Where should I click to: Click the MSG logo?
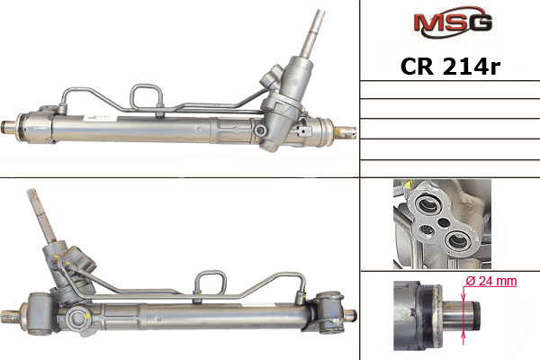click(x=453, y=22)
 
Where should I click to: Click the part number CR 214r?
click(x=450, y=66)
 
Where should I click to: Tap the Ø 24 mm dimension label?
click(x=491, y=281)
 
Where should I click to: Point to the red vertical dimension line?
click(x=463, y=314)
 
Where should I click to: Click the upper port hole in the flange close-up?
click(x=427, y=205)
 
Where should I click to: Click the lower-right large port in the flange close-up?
click(x=458, y=239)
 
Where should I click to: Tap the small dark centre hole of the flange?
click(x=444, y=223)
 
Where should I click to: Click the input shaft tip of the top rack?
click(x=319, y=14)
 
